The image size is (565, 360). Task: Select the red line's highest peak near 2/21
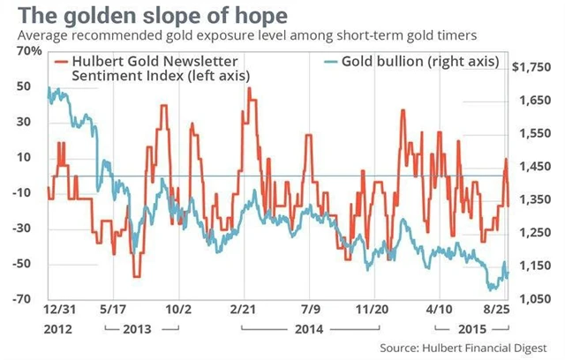click(250, 88)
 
